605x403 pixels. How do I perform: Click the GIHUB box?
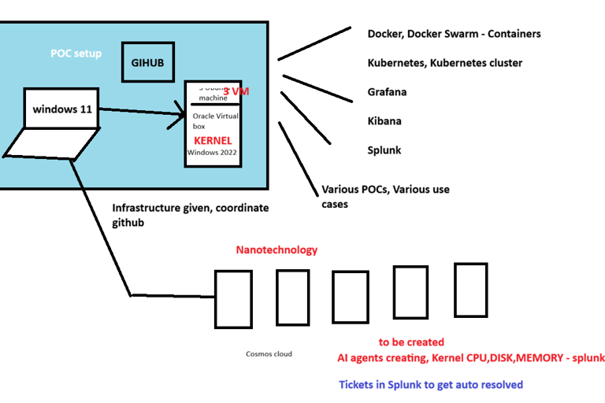pos(147,61)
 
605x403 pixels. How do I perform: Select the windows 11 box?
pos(61,109)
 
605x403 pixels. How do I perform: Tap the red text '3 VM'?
pos(236,92)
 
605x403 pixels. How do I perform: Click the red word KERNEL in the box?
pos(213,141)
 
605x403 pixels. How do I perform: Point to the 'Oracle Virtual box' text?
pos(213,120)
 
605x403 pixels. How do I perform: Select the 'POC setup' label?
pos(76,54)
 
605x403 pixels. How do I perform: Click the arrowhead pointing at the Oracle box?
pos(179,117)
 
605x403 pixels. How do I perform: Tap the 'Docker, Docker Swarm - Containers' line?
pos(454,34)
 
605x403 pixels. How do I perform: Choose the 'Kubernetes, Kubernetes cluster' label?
pos(444,63)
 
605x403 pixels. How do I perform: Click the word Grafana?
pos(387,92)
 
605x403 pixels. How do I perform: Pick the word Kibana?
pos(384,121)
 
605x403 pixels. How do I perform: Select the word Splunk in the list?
pos(384,150)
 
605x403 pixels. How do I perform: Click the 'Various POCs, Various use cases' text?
pos(385,196)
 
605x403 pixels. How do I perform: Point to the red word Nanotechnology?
pos(277,250)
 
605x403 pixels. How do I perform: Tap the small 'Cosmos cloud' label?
pos(269,353)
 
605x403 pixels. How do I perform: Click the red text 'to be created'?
pos(411,342)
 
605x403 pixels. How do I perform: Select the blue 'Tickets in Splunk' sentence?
pos(431,385)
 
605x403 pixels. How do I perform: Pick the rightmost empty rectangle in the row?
pos(470,289)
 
